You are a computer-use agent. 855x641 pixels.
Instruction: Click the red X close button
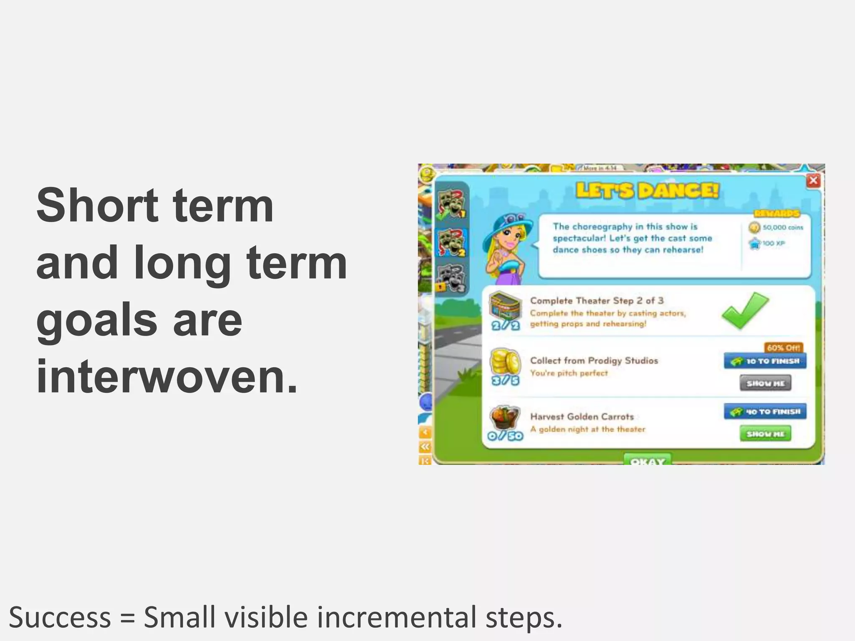tap(813, 181)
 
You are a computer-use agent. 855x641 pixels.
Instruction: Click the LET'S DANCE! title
tap(648, 191)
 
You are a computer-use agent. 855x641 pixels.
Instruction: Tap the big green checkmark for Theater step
tap(745, 310)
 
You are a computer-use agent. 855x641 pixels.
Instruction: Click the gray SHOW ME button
tap(765, 383)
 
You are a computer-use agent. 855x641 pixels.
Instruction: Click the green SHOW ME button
tap(765, 434)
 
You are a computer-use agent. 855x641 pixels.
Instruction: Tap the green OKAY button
tap(648, 460)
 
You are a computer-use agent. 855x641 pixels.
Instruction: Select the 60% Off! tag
tap(783, 348)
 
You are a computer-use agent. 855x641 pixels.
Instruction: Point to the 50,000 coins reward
tap(777, 227)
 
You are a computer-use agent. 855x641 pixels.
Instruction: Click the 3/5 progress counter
tap(505, 380)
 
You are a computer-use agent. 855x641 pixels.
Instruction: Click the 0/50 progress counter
tap(505, 436)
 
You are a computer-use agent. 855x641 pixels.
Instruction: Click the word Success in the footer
tap(60, 618)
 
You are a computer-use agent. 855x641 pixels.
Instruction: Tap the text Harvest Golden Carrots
tap(582, 416)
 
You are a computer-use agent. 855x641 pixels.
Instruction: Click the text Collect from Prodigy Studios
tap(594, 361)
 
